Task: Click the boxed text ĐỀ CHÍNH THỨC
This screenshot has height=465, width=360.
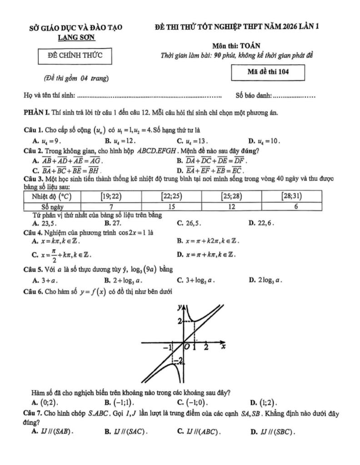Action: coord(75,55)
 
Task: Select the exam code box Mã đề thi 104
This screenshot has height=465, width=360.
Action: coord(268,71)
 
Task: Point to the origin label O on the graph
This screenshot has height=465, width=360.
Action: coord(187,347)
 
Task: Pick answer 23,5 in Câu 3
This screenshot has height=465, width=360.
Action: coord(48,223)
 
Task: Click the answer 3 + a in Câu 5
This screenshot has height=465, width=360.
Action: coord(49,280)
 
